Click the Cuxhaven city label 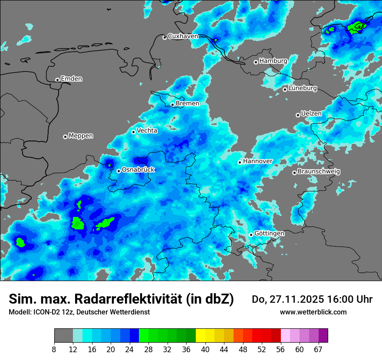click(183, 36)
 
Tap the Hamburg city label click(273, 61)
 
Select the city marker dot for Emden click(57, 80)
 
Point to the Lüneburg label click(303, 88)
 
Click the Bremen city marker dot click(172, 105)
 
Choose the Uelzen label click(311, 114)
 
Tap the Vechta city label click(147, 131)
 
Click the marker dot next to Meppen click(65, 137)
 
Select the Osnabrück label click(138, 170)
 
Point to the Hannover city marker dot click(240, 163)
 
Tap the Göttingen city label click(269, 234)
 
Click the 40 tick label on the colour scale click(205, 349)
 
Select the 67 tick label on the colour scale click(319, 349)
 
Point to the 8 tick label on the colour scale click(54, 349)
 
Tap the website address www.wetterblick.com click(313, 312)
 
